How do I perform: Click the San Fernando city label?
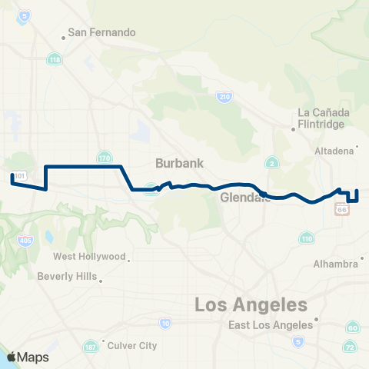[x=101, y=33]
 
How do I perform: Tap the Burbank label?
[x=178, y=163]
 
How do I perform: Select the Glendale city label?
[x=244, y=198]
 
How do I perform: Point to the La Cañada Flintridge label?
[x=324, y=118]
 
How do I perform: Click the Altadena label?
[x=334, y=150]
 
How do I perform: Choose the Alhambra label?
[x=335, y=264]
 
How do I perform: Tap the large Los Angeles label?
[x=251, y=305]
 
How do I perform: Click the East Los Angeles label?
[x=271, y=325]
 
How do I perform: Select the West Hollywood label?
[x=89, y=256]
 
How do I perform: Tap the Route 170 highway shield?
[x=105, y=158]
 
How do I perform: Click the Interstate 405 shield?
[x=26, y=241]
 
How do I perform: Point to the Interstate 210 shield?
[x=224, y=97]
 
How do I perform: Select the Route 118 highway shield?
[x=54, y=59]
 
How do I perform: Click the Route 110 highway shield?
[x=307, y=239]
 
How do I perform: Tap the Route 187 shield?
[x=91, y=346]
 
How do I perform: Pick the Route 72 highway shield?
[x=350, y=347]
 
